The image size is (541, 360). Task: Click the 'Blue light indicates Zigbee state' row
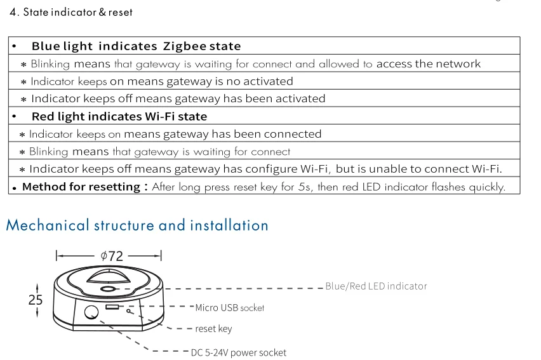point(136,46)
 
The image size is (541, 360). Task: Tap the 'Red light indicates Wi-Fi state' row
point(119,116)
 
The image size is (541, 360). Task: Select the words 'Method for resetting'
point(81,187)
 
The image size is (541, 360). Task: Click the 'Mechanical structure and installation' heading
point(137,225)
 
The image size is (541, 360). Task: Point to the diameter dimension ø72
point(112,256)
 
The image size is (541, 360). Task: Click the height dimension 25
point(36,300)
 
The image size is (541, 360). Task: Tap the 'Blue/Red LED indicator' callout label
point(376,286)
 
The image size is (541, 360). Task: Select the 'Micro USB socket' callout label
point(229,308)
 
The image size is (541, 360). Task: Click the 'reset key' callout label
point(213,329)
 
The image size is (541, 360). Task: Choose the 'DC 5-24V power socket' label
point(238,352)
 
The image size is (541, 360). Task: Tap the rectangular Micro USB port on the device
point(112,307)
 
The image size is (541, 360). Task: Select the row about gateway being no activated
point(162,81)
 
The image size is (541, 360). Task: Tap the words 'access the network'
point(429,63)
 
